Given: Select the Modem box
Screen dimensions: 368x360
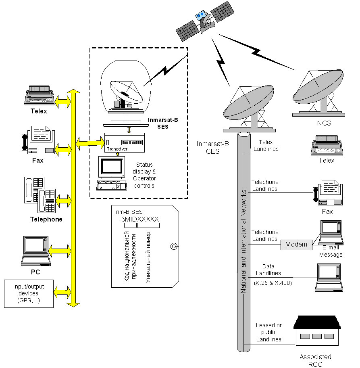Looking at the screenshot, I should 296,245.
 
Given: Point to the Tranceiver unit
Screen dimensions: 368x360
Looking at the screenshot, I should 124,143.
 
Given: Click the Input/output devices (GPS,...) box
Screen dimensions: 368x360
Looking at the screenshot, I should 28,293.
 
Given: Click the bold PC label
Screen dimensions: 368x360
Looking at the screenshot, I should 35,272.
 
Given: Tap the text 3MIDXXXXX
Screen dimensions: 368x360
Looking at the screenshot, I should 140,219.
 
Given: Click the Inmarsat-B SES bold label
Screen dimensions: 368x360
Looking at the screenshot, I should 160,123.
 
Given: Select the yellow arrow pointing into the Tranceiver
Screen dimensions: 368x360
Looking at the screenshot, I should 90,142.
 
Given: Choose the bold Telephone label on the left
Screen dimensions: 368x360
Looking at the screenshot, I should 46,220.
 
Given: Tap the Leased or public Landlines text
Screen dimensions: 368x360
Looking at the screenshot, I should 268,332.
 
